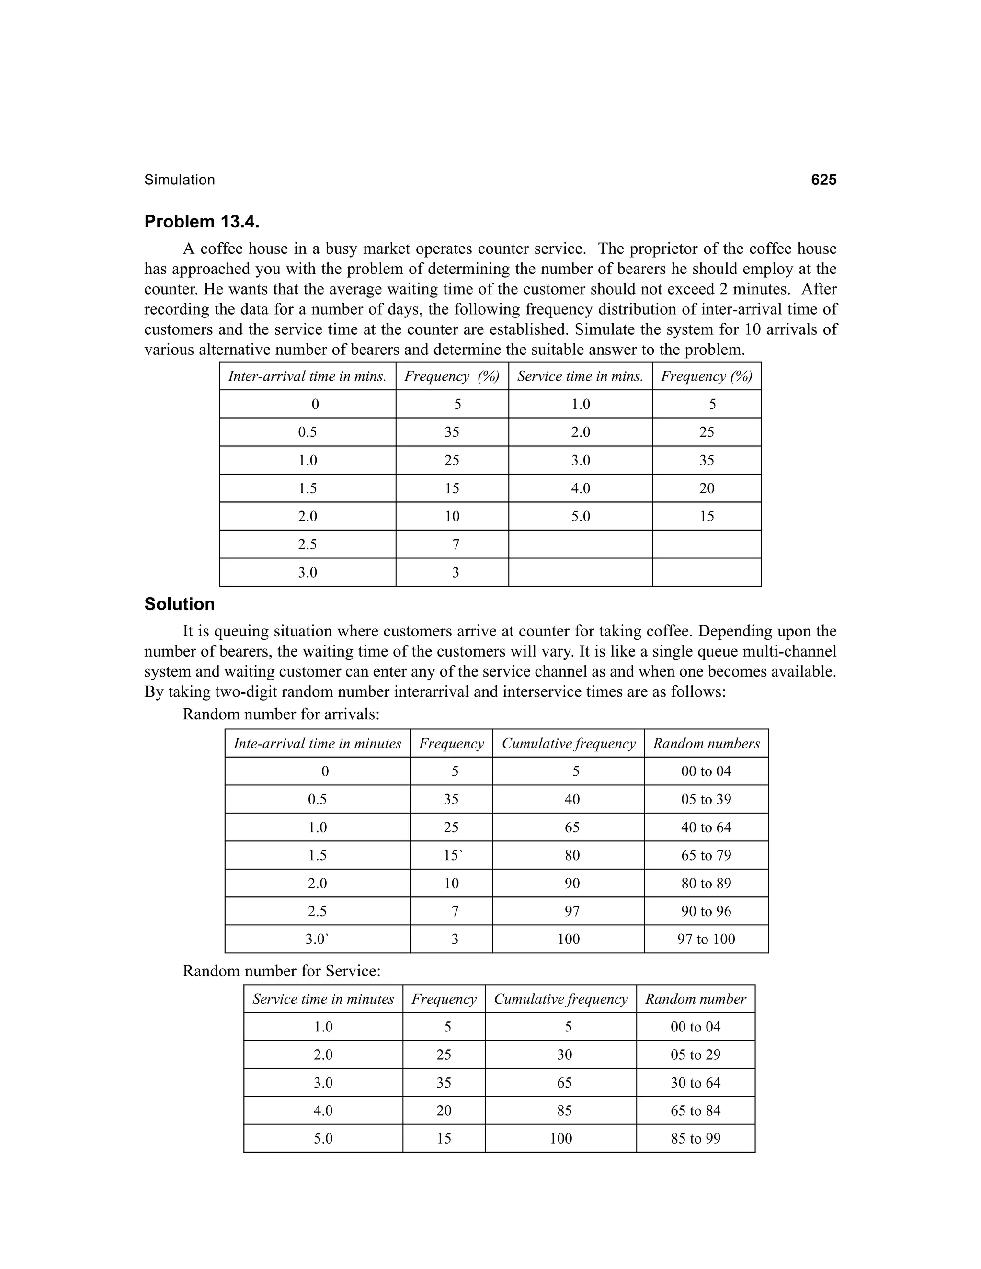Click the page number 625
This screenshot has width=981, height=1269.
[823, 180]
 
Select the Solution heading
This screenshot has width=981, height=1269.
[179, 604]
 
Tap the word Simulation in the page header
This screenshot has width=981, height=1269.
[180, 180]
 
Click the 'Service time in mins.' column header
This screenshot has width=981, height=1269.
[580, 376]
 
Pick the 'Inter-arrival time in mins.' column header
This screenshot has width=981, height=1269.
[307, 376]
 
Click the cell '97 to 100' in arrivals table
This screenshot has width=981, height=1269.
[706, 939]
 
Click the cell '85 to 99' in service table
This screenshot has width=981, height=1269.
[695, 1138]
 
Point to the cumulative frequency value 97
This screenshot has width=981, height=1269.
[572, 911]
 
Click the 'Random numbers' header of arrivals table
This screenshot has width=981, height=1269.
[706, 743]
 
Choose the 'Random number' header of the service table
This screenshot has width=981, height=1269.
[695, 999]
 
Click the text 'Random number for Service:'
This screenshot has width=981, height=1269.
[281, 971]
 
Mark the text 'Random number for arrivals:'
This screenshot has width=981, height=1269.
[281, 714]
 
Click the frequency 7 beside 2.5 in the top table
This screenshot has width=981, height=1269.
[455, 544]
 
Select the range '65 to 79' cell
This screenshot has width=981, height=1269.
[706, 855]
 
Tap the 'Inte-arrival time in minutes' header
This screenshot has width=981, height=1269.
[317, 743]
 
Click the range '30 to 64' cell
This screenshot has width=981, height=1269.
[695, 1083]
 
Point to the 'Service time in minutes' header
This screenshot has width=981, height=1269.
[323, 999]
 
